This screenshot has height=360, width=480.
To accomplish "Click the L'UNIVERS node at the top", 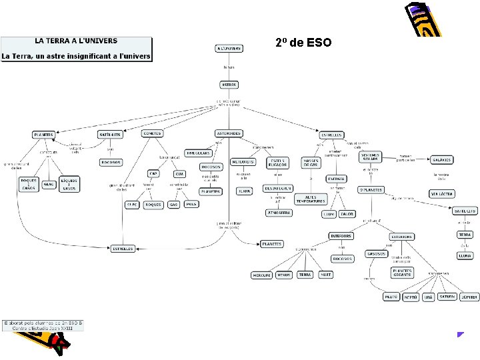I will pyautogui.click(x=229, y=49).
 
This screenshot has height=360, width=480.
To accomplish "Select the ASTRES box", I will pyautogui.click(x=229, y=85).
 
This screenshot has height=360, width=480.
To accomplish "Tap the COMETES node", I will pyautogui.click(x=153, y=133).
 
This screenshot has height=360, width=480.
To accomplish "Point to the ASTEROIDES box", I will pyautogui.click(x=229, y=133).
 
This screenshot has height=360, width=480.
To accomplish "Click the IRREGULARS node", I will pyautogui.click(x=198, y=153).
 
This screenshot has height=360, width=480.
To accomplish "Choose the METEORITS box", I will pyautogui.click(x=243, y=162).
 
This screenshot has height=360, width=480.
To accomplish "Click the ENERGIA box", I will pyautogui.click(x=336, y=179).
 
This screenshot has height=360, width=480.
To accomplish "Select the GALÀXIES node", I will pyautogui.click(x=441, y=159).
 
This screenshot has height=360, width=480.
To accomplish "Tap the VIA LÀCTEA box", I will pyautogui.click(x=442, y=194).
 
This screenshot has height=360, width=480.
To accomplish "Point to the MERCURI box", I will pyautogui.click(x=262, y=275).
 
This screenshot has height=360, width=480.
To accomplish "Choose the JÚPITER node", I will pyautogui.click(x=468, y=297).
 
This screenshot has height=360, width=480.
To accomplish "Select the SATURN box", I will pyautogui.click(x=447, y=297).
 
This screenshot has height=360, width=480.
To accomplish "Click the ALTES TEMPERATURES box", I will pyautogui.click(x=310, y=199).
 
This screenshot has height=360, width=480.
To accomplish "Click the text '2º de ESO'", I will pyautogui.click(x=299, y=44).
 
